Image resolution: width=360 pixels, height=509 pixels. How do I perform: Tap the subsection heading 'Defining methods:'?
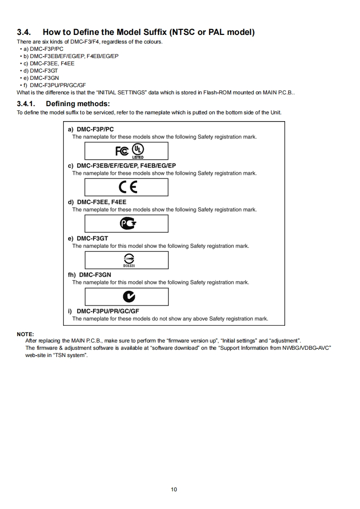(x=78, y=104)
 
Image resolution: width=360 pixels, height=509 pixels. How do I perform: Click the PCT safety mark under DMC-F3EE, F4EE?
(x=128, y=224)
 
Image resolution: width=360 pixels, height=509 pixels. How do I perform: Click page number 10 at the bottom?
(x=174, y=489)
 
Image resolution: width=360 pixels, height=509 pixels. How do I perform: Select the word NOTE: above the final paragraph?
(x=25, y=334)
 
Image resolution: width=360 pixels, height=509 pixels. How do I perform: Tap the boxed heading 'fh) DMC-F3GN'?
(x=89, y=274)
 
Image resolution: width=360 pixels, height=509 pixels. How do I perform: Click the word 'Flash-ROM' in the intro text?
(x=206, y=92)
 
